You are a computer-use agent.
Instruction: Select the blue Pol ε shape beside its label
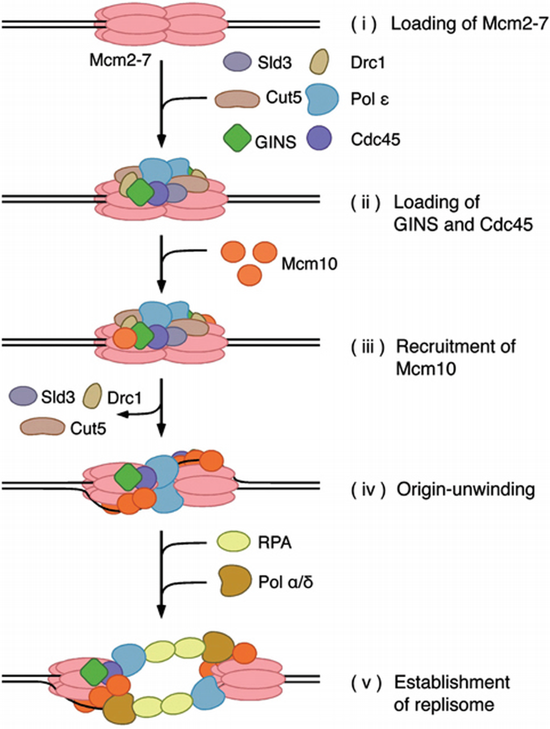coord(322,99)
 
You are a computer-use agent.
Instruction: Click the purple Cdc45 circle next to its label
coord(319,138)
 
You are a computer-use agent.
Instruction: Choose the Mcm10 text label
coord(310,263)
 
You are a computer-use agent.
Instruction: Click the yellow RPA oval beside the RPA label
coord(234,542)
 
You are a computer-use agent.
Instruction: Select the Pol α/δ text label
coord(293,582)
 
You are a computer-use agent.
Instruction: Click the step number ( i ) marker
coord(362,25)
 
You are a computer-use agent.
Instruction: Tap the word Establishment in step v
coord(452,682)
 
